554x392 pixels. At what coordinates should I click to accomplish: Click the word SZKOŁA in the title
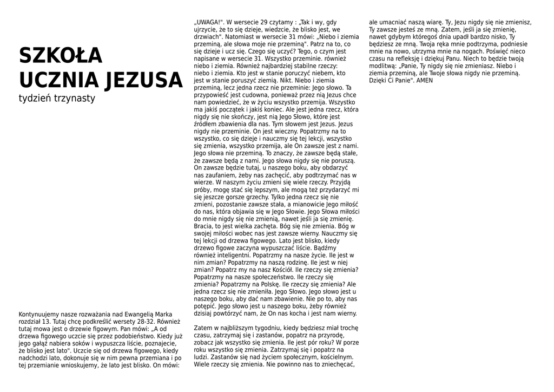[61, 55]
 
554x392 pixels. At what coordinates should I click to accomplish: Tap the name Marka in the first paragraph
[163, 314]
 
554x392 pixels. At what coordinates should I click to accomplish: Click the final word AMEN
[425, 80]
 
